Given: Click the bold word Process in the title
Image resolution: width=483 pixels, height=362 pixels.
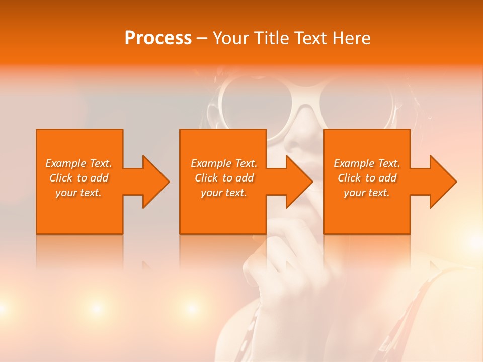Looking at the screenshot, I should (x=158, y=38).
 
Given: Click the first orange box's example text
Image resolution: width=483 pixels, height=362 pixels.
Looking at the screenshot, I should (x=78, y=178).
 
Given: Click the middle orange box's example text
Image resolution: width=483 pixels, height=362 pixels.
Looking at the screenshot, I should (x=224, y=178).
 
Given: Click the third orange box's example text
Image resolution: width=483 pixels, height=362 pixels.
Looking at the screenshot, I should (x=367, y=178).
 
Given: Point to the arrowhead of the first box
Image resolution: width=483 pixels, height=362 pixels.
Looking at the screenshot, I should (x=154, y=182).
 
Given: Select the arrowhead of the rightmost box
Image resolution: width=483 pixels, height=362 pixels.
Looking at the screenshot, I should (x=442, y=182).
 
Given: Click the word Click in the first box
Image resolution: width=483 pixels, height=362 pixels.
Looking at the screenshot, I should (x=61, y=178).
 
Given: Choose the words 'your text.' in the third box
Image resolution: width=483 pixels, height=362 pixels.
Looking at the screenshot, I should (x=367, y=193).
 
